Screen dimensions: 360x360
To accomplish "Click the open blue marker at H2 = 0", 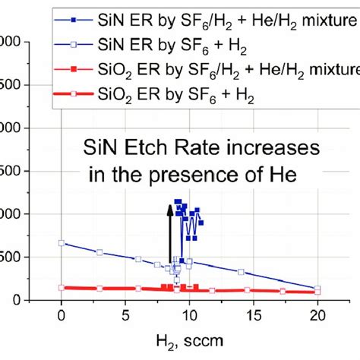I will tap(61, 243).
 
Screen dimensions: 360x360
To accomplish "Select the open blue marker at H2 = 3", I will tap(99, 252).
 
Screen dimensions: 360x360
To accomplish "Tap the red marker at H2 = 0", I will tap(61, 288).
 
